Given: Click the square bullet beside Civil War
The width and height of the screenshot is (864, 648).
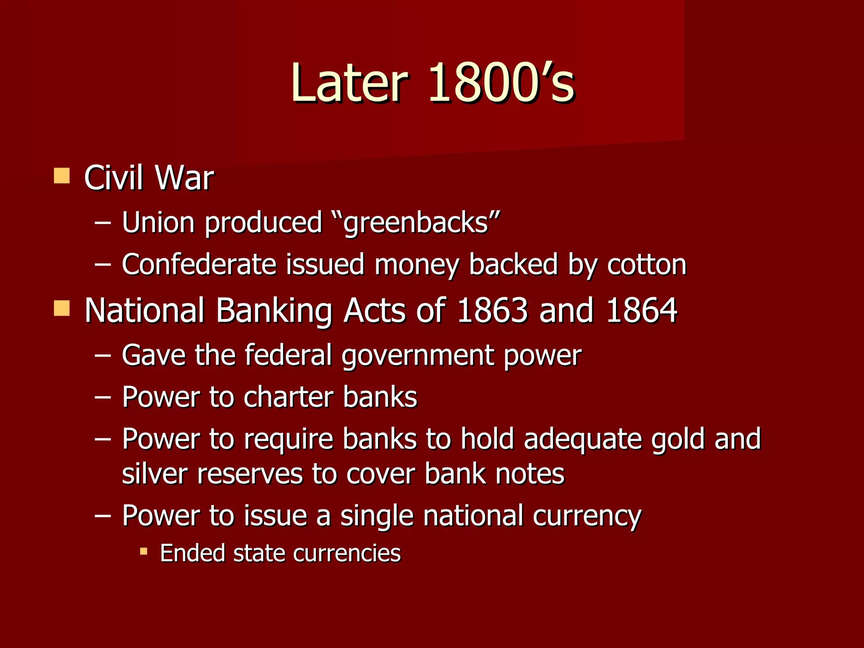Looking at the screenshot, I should [x=62, y=175].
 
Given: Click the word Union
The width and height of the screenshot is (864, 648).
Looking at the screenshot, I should [x=158, y=222].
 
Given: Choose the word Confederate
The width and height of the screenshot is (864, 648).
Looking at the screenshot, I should [x=199, y=265].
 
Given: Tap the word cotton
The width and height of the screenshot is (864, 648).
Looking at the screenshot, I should [x=647, y=265].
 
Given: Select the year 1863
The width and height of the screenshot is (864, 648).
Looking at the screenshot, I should [x=492, y=310].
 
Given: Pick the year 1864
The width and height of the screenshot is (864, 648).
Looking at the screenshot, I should [x=641, y=310].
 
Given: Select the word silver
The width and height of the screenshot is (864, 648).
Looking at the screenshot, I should [x=154, y=474].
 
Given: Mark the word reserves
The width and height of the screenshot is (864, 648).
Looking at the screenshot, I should [x=250, y=474].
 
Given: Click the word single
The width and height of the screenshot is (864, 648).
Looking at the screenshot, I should [x=377, y=516].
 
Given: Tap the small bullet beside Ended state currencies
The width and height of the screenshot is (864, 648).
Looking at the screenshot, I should [x=144, y=551].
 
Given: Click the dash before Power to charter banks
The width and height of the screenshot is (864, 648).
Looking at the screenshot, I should [x=103, y=397].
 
